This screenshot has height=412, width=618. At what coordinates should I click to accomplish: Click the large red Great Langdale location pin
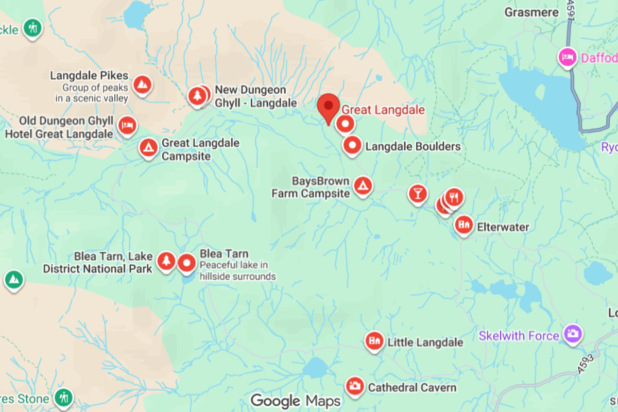pyautogui.click(x=328, y=107)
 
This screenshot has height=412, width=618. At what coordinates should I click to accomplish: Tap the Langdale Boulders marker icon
pyautogui.click(x=353, y=146)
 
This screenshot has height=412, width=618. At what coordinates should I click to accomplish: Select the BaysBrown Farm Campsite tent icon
pyautogui.click(x=363, y=185)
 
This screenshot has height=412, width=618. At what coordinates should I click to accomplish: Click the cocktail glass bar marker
pyautogui.click(x=418, y=194)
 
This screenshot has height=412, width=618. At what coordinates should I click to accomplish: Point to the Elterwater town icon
pyautogui.click(x=463, y=225)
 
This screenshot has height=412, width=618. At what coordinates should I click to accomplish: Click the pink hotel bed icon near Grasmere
pyautogui.click(x=568, y=57)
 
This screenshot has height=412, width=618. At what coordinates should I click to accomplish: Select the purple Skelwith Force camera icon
pyautogui.click(x=572, y=333)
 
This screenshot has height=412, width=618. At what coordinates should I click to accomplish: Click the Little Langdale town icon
pyautogui.click(x=374, y=341)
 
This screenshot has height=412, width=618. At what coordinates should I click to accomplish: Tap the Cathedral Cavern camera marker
pyautogui.click(x=354, y=386)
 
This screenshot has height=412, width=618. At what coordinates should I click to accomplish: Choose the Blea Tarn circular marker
pyautogui.click(x=186, y=263)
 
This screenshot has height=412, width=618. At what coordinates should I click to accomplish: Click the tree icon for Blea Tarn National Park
pyautogui.click(x=166, y=261)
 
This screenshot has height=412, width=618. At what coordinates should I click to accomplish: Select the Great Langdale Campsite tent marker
pyautogui.click(x=149, y=148)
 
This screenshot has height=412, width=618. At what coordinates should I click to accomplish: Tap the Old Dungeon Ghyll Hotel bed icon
pyautogui.click(x=127, y=125)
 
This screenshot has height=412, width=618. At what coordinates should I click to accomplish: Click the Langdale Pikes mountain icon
pyautogui.click(x=142, y=83)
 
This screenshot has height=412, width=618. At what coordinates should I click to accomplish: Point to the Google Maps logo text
pyautogui.click(x=295, y=401)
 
